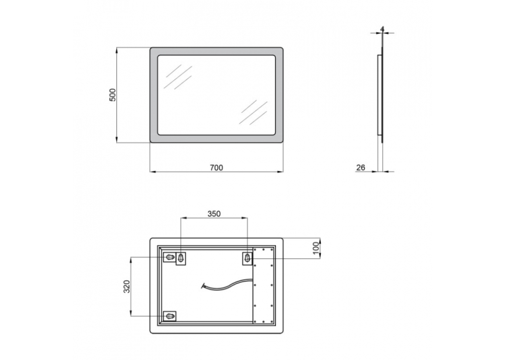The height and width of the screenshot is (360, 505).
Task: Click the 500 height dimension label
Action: [112, 94]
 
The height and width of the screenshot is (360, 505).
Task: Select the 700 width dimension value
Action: [217, 168]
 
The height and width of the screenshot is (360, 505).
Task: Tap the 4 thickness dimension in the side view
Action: [382, 29]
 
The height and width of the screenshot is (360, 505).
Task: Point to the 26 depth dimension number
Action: [360, 168]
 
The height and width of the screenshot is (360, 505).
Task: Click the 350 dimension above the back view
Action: [214, 213]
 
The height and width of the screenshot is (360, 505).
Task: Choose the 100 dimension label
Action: [316, 247]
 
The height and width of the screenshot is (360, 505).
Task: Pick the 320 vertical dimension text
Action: [127, 286]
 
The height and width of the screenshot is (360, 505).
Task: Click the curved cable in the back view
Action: [227, 285]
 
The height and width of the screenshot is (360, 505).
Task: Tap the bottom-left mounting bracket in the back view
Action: [170, 316]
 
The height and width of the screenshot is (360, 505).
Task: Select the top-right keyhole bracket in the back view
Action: [248, 258]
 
